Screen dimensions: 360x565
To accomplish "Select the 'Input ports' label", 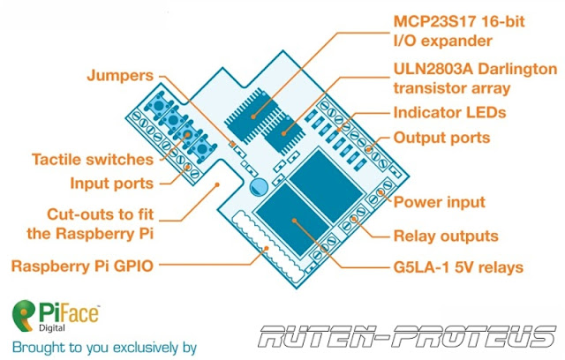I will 110,184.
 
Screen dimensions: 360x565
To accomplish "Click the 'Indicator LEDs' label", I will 448,114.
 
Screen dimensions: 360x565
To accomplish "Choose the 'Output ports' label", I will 441,139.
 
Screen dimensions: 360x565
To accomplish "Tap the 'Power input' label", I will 438,202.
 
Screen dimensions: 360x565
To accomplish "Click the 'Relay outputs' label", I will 445,236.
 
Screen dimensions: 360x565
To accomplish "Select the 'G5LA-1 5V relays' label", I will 457,266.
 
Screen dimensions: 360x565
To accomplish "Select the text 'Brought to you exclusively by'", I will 104,345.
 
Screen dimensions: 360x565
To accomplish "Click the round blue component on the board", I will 259,187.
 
